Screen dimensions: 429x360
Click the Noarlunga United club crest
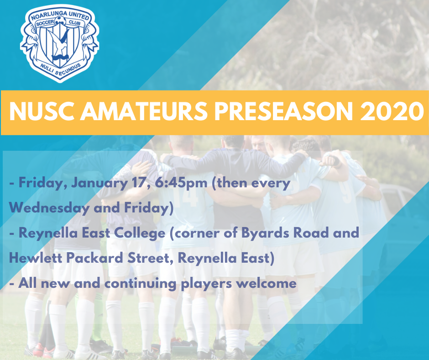click(x=60, y=43)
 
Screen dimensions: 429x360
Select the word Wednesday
click(x=49, y=208)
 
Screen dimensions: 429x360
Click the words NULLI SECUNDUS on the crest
click(x=60, y=69)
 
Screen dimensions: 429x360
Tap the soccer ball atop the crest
click(x=60, y=21)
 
